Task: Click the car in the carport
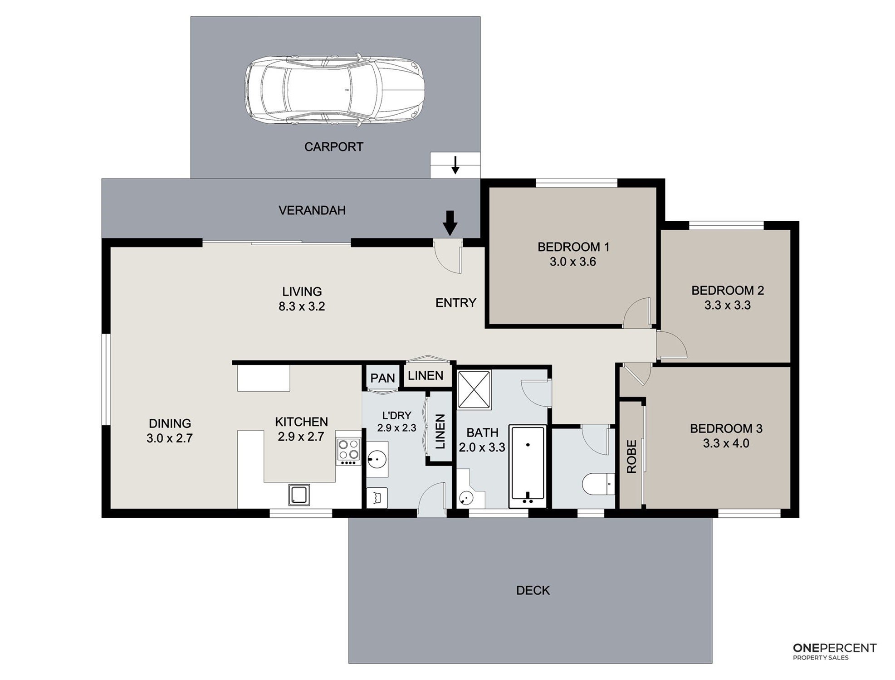coord(334,90)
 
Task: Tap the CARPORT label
coord(334,147)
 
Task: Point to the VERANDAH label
coord(312,210)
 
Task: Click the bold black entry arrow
coord(450,223)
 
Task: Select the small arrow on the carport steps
coord(455,165)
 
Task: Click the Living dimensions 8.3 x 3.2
coord(302,306)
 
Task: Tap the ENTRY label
coord(456,303)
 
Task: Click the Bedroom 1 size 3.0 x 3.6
coord(573,262)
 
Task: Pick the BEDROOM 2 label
coord(728,291)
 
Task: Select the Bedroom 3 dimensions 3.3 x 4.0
coord(726,443)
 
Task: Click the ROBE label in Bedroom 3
coord(632,457)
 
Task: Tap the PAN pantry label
coord(383,378)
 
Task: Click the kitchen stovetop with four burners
coord(348,451)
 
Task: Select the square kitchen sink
coord(299,495)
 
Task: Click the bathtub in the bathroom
coord(527,466)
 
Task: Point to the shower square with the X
coord(474,390)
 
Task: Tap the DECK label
coord(533,590)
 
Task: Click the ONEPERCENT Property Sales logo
coord(835,651)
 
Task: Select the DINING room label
coord(170,423)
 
